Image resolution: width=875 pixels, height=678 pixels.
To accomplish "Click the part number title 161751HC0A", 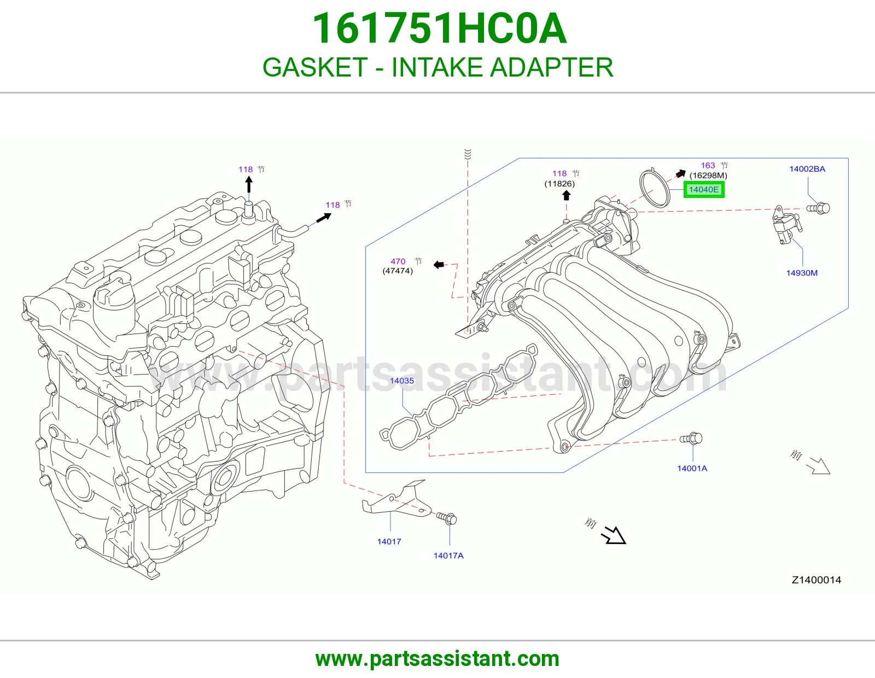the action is [439, 28].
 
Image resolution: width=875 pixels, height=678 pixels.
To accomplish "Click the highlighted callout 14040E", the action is [704, 190].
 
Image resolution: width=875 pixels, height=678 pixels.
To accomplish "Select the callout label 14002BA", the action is [807, 169].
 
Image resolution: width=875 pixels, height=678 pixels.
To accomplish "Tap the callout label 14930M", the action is [802, 273].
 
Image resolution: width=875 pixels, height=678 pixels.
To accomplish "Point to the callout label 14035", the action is [401, 381].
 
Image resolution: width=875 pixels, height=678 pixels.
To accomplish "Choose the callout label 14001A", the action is [692, 468].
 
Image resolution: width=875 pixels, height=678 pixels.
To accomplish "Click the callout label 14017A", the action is [448, 556].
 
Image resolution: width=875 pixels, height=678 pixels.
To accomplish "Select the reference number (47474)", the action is [398, 271].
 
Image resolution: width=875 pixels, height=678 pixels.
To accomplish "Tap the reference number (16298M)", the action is [708, 176].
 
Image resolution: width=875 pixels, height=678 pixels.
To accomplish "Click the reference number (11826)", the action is [559, 184].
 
